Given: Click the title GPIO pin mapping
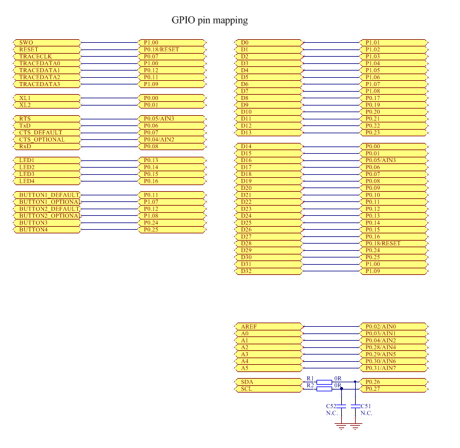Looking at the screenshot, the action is (210, 21).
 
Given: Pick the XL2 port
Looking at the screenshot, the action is (47, 105).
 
